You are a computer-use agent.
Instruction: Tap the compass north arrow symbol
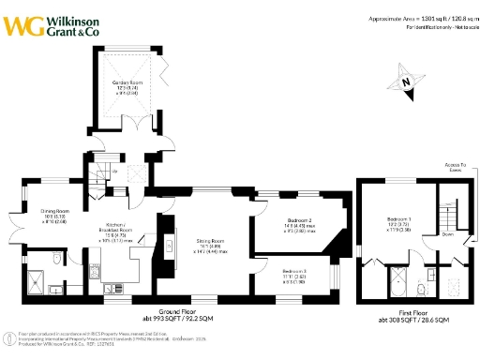(x=406, y=84)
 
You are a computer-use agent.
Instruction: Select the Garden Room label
(x=132, y=83)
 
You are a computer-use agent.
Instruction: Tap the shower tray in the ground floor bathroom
(x=38, y=281)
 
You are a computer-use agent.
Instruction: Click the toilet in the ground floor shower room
(x=59, y=257)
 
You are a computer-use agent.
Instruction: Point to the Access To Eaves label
(x=458, y=170)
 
